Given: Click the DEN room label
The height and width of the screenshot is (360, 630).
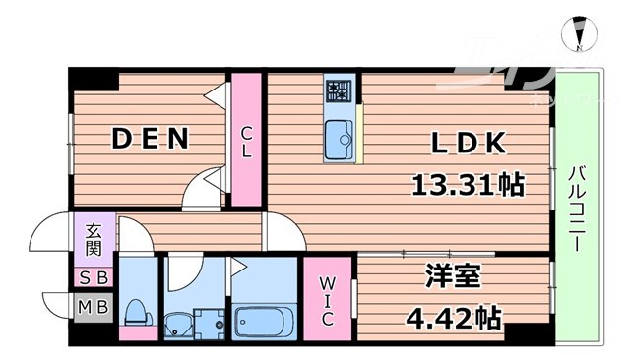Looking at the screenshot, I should (150, 141).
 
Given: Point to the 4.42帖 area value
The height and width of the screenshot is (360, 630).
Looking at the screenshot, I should (454, 317).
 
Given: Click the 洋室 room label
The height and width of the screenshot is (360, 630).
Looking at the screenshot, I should (454, 279).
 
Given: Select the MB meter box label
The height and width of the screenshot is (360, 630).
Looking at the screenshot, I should (93, 307).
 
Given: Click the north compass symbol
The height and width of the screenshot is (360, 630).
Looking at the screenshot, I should (580, 35).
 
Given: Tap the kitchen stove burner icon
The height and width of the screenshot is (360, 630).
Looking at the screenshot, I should (338, 93).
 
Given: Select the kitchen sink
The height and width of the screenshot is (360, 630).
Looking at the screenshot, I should (339, 138).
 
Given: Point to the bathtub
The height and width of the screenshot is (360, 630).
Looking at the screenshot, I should (265, 321).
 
